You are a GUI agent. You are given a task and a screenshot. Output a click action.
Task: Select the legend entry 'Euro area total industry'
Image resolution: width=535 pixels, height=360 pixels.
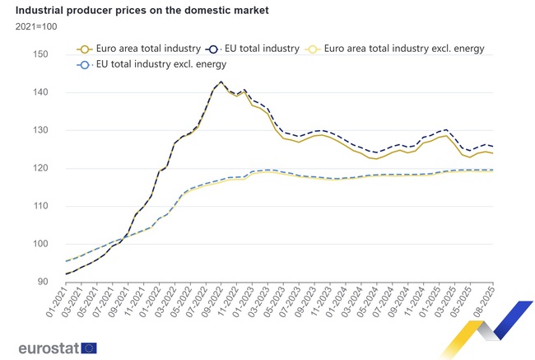coord(141,49)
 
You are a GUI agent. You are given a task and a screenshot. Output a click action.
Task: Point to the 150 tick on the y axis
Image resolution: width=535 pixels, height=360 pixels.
coord(41,54)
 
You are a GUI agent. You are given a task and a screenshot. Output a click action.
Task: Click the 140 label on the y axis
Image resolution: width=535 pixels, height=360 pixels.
coord(41,92)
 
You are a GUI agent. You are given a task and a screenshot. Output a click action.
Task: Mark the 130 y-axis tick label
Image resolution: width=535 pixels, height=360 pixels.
coord(41,130)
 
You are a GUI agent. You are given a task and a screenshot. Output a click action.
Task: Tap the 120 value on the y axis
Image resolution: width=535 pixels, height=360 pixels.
coord(41,168)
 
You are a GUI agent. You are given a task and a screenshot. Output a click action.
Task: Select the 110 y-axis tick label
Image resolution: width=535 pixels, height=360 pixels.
coord(41,206)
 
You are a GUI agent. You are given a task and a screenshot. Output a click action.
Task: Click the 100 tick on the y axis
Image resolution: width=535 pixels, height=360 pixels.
coord(41,244)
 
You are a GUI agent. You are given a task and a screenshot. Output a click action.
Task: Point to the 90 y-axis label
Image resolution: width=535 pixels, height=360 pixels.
coord(44,282)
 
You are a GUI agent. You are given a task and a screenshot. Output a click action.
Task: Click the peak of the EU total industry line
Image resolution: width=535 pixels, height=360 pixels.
coord(221,82)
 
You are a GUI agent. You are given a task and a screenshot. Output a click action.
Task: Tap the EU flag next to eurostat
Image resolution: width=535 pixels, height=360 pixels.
coord(89,348)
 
